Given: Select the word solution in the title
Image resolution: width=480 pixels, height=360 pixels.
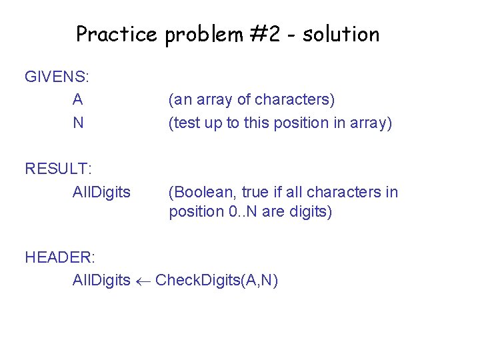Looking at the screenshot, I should click(x=341, y=34).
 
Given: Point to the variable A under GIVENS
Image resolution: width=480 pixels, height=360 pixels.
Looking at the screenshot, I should click(x=78, y=100).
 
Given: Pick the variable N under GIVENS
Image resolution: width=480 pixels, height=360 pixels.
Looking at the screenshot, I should click(x=78, y=123).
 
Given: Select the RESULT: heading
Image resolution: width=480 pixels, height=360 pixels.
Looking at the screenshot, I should click(x=58, y=169).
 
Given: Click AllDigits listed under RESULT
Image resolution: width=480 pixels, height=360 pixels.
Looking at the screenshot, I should click(x=101, y=192).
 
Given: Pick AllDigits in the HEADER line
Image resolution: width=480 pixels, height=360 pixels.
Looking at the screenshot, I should click(x=101, y=280).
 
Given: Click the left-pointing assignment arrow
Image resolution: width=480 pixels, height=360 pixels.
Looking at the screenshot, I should click(x=143, y=281).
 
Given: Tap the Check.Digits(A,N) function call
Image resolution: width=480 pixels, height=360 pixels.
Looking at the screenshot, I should click(x=217, y=280).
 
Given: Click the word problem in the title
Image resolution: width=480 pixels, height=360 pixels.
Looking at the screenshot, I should click(x=203, y=34).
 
